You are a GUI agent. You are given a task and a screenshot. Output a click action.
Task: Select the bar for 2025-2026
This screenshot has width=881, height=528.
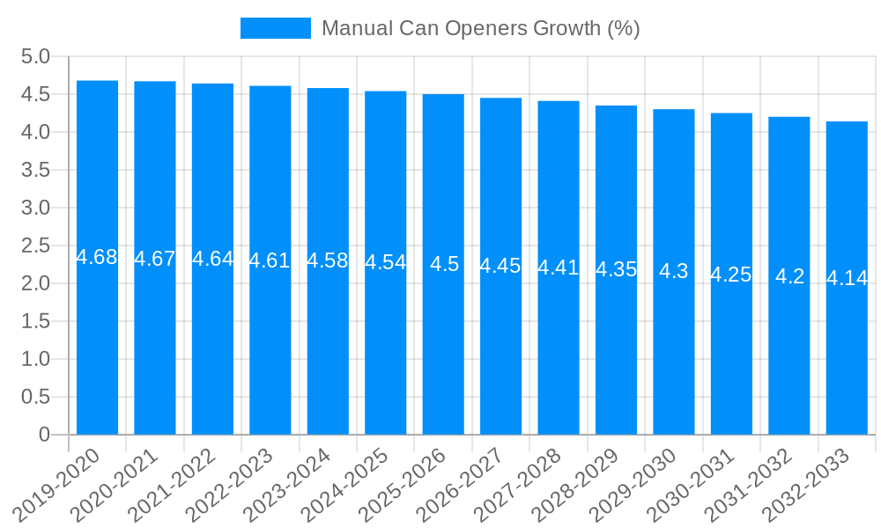[x=443, y=264]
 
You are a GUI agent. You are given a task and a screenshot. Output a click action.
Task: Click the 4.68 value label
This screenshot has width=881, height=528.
[x=97, y=257]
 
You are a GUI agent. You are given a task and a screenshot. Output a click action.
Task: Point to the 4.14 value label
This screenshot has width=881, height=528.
[x=847, y=278]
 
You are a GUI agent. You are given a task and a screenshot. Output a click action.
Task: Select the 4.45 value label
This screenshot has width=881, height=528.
[x=500, y=266]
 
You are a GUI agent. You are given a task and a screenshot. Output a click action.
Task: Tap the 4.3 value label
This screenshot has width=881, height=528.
[x=674, y=271]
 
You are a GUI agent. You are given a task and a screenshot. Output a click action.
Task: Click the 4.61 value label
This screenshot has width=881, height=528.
[x=270, y=260]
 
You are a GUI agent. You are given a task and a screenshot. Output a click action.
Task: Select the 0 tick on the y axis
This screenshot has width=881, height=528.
[x=44, y=435]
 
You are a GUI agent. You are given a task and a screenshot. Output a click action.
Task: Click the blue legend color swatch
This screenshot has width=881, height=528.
[x=275, y=28]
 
